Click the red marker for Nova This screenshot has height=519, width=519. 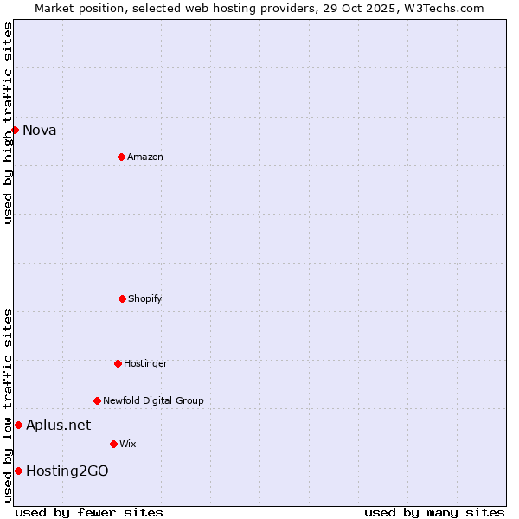[15, 130]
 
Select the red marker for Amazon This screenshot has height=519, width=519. [121, 157]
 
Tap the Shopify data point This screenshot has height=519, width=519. [122, 298]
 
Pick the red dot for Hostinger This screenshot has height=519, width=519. [118, 363]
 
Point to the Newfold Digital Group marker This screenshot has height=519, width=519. [97, 400]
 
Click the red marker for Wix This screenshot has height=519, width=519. [113, 444]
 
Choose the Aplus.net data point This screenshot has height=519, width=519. [18, 425]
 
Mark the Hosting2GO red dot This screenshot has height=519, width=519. [18, 471]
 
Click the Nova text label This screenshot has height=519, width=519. [40, 131]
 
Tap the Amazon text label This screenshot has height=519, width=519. [145, 157]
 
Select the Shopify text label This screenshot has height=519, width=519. [145, 299]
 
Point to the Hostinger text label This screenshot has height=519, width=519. [145, 364]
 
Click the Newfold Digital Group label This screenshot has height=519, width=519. [153, 401]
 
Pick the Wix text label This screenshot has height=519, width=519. [128, 445]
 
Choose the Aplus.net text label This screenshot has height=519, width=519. [58, 426]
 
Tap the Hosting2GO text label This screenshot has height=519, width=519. [67, 471]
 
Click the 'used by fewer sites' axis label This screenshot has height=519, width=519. [89, 512]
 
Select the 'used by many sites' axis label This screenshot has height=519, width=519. [434, 512]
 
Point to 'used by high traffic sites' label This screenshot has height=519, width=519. [8, 123]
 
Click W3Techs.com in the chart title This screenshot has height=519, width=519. [441, 8]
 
